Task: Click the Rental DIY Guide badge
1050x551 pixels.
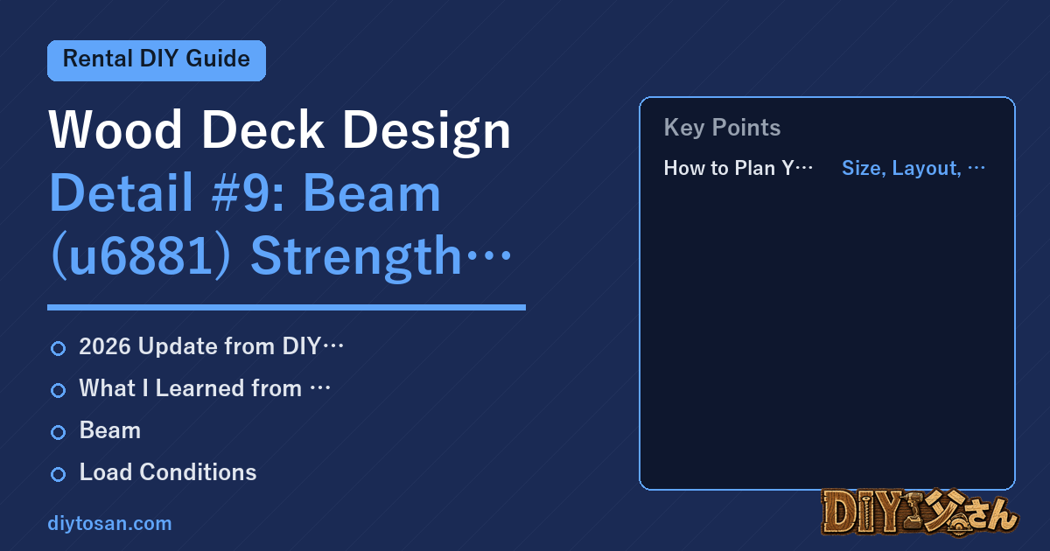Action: pos(157,60)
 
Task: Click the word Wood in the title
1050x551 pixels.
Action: pos(115,129)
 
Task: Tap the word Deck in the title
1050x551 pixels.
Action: pos(262,129)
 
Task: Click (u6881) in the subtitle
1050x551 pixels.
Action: pos(141,256)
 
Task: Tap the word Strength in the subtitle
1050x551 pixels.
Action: pos(356,258)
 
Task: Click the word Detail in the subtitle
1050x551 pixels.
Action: pos(121,192)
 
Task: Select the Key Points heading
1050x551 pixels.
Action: pos(722,128)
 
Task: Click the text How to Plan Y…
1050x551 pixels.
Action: pos(738,168)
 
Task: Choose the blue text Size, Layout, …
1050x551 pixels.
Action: pos(913,169)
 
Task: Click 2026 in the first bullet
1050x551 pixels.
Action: pos(105,346)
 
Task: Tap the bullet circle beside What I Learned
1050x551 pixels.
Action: pos(58,390)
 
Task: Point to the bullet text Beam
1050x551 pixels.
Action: pos(110,430)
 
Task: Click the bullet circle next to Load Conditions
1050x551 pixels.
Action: pos(58,474)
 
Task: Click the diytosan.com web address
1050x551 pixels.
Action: pos(109,524)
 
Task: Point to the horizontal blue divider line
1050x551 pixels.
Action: pos(286,307)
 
